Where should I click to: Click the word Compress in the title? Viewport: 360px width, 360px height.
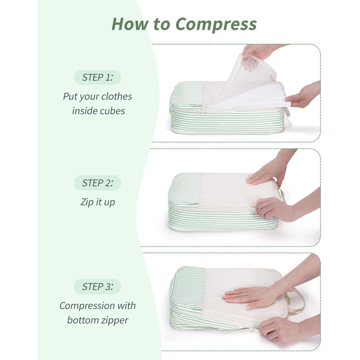click(216, 24)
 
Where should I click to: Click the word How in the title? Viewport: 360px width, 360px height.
click(130, 24)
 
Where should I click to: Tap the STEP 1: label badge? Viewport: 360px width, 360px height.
click(97, 77)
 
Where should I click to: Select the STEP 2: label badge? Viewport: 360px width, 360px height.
click(97, 183)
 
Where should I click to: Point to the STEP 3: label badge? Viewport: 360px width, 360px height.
click(97, 286)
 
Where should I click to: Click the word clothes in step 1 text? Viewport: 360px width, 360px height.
click(116, 97)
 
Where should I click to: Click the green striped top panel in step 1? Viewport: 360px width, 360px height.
click(187, 94)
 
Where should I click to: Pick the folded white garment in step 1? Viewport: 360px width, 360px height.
click(249, 95)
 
